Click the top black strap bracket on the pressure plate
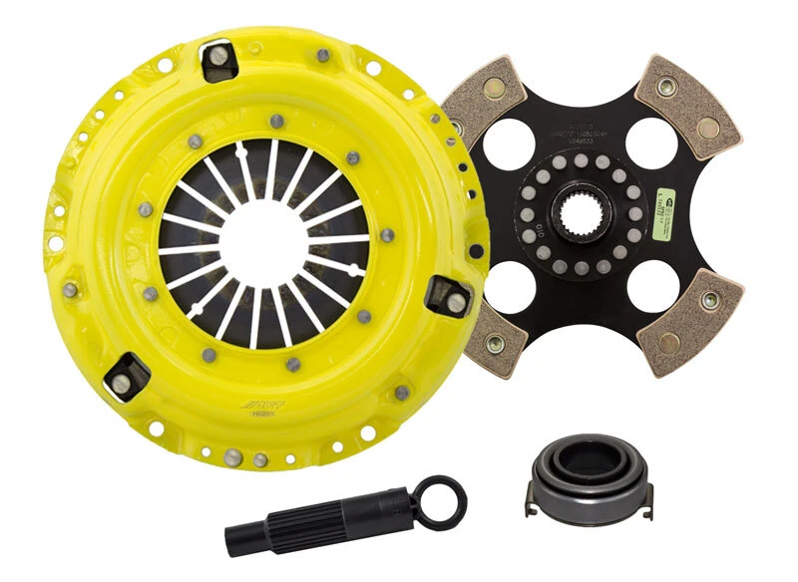pyautogui.click(x=218, y=63)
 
